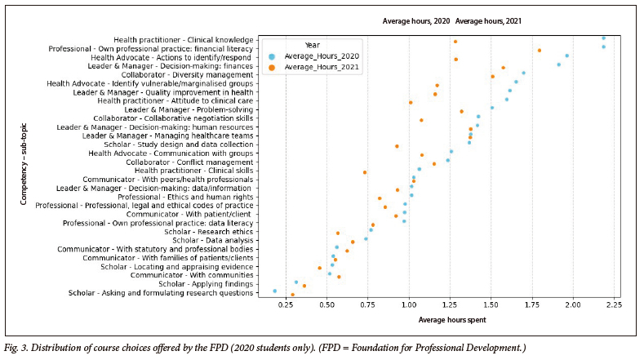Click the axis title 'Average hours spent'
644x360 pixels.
tap(452, 319)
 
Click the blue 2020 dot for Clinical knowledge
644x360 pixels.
tap(603, 38)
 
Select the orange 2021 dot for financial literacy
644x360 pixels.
tap(540, 50)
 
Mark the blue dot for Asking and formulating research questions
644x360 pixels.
tap(274, 291)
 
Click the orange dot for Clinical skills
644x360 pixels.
tap(365, 171)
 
